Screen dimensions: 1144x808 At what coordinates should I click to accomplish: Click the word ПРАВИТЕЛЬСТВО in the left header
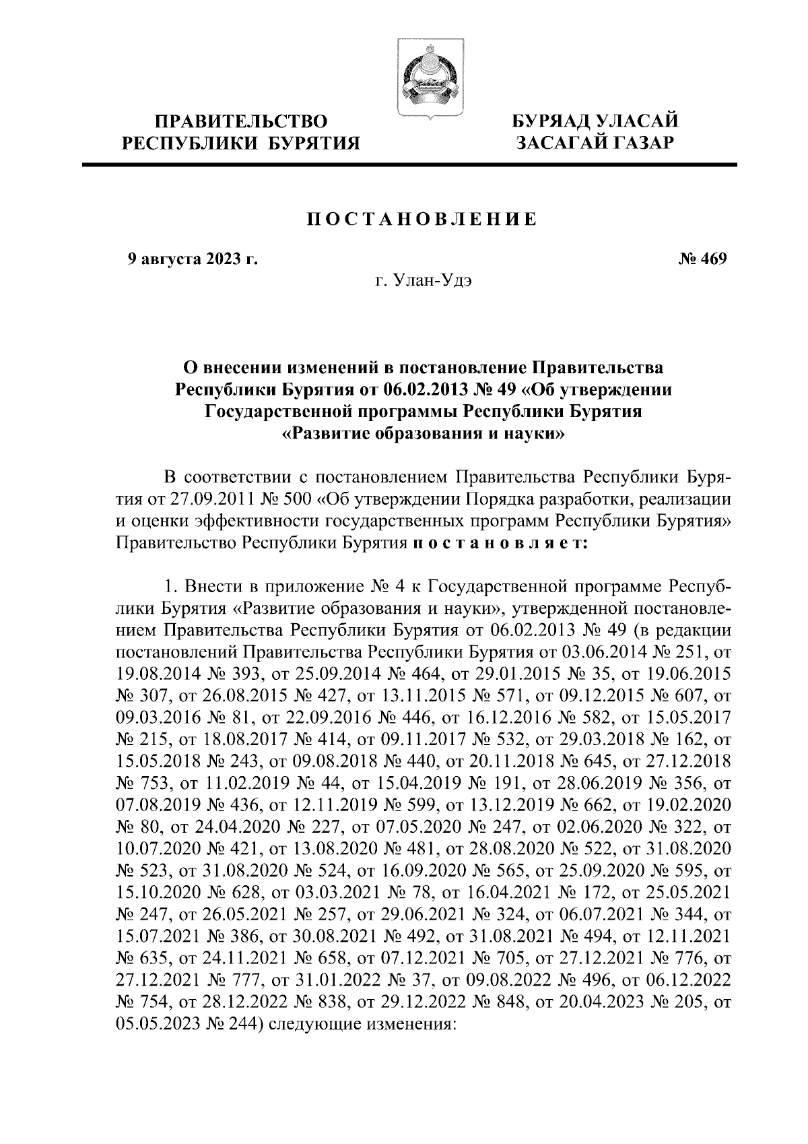click(x=242, y=122)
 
